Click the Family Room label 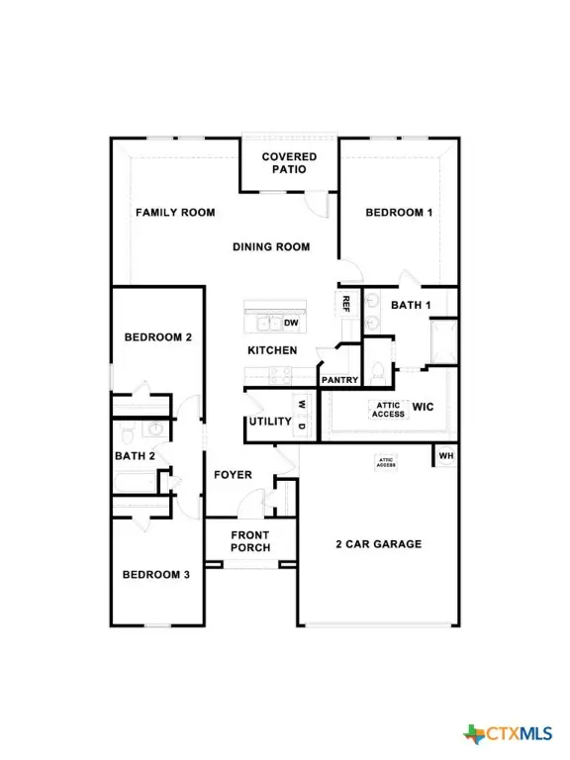[x=175, y=213]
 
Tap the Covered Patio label [x=289, y=163]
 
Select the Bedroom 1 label [x=399, y=213]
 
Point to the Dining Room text [x=271, y=247]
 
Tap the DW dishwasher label [x=291, y=324]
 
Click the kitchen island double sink [x=267, y=324]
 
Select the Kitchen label [x=272, y=350]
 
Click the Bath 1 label [x=411, y=306]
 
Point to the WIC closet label [x=424, y=407]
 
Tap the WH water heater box [x=445, y=456]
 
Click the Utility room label [x=270, y=422]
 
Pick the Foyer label [x=233, y=475]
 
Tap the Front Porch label [x=250, y=542]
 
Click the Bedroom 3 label [x=156, y=575]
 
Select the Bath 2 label [x=135, y=456]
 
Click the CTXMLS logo [x=508, y=733]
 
